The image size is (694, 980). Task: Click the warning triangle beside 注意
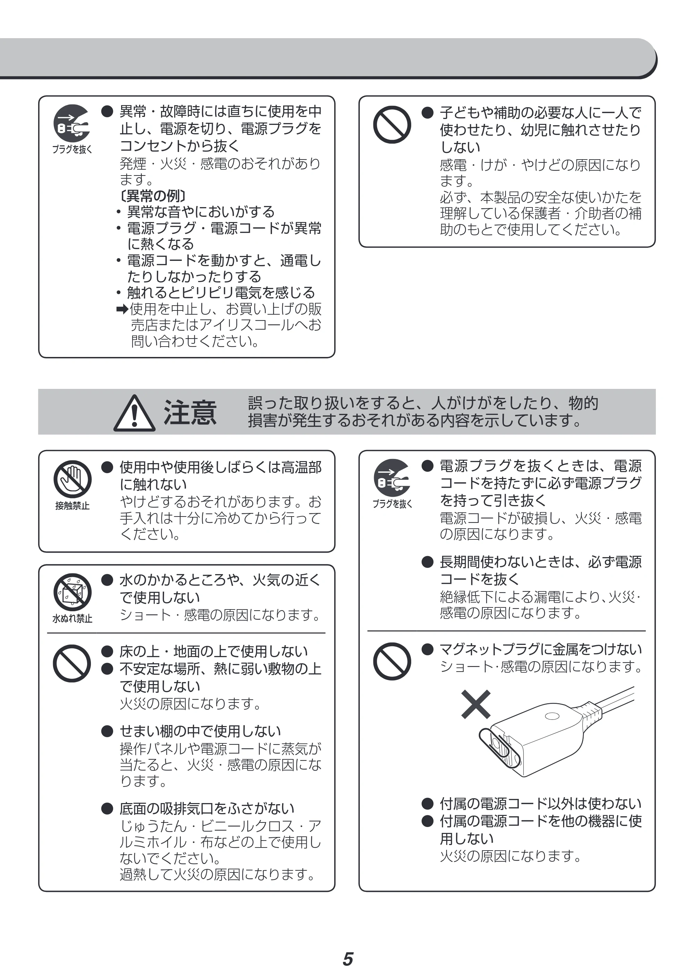[x=134, y=413]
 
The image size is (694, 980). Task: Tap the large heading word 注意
[x=190, y=413]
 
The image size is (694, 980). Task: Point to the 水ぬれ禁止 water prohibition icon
[x=72, y=592]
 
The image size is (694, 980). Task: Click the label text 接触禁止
[x=72, y=506]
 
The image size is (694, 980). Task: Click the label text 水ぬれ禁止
[x=72, y=619]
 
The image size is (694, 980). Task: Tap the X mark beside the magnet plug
[x=476, y=705]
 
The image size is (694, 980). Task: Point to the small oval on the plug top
[x=552, y=716]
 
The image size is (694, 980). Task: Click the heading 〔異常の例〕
[x=153, y=196]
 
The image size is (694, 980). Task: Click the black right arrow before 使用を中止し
[x=122, y=309]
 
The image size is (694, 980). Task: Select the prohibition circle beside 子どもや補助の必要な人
[x=392, y=125]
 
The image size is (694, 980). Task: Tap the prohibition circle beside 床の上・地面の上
[x=72, y=663]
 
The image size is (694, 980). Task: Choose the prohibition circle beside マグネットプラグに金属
[x=392, y=661]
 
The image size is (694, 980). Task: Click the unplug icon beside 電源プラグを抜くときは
[x=392, y=478]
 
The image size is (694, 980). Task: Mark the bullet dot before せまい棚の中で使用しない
[x=107, y=731]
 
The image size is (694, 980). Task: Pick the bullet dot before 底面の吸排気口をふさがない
[x=107, y=808]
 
